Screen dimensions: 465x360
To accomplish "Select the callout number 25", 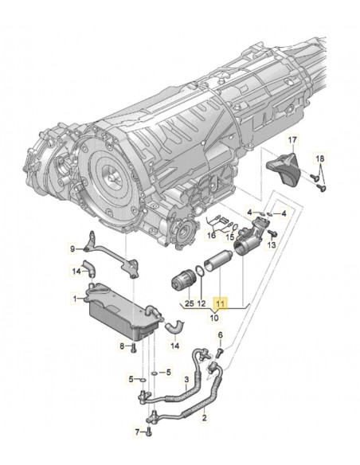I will pyautogui.click(x=189, y=303).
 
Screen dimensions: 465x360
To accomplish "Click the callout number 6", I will pyautogui.click(x=221, y=335).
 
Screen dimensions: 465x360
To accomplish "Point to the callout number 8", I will pyautogui.click(x=123, y=346).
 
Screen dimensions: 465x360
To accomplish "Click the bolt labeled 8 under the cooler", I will pyautogui.click(x=136, y=346).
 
